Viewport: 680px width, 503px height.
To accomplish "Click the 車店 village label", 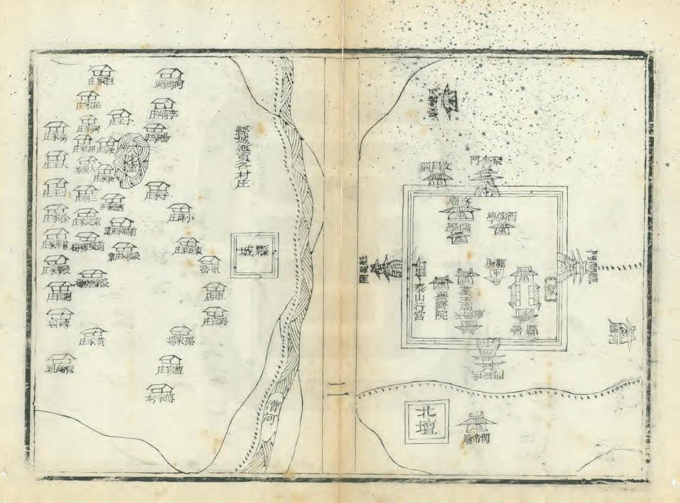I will click(214, 297).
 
